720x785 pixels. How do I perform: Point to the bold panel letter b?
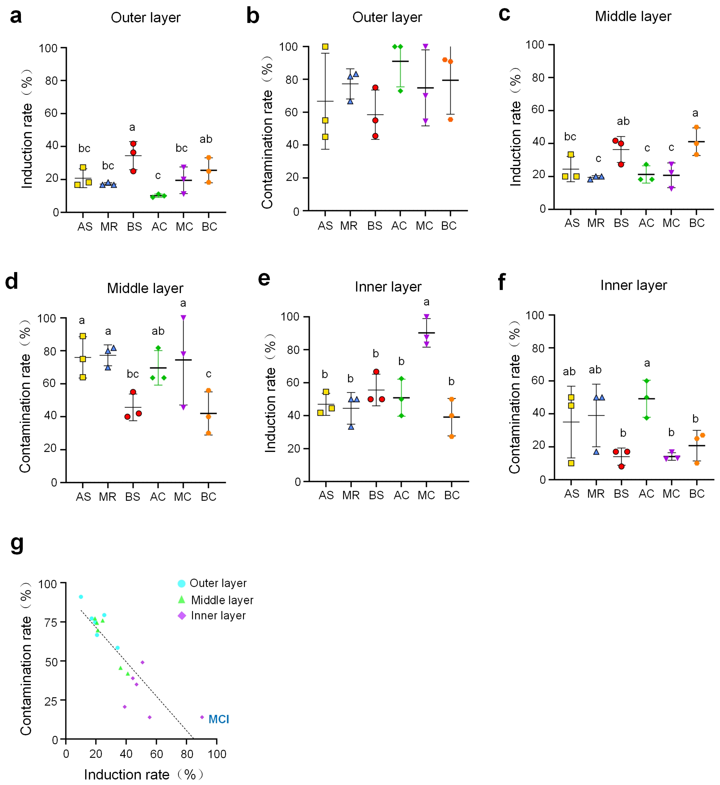253,16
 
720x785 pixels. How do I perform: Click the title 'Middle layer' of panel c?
633,16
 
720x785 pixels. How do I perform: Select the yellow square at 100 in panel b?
325,47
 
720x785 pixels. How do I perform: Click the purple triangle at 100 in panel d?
183,318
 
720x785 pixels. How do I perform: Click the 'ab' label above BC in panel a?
206,139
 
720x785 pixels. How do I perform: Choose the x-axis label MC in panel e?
426,495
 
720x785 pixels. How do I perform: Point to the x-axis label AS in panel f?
572,494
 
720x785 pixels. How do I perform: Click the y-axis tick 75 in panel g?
51,622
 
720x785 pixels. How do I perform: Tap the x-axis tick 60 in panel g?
157,754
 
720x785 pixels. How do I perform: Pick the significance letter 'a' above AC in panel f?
647,363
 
